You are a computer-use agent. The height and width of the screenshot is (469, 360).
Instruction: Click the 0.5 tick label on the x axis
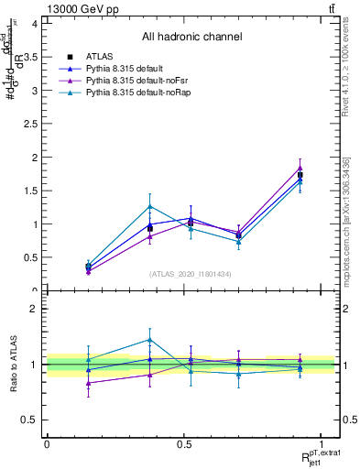tap(184, 444)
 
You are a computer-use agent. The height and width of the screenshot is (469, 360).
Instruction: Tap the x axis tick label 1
tap(322, 444)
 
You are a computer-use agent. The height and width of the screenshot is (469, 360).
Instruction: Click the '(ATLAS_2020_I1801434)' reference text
tap(191, 274)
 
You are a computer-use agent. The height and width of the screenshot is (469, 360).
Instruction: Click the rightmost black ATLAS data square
tap(300, 175)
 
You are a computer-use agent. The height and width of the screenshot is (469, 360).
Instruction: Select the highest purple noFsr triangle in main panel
tap(300, 167)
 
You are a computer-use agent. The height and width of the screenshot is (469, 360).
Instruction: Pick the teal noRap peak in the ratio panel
tap(150, 340)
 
